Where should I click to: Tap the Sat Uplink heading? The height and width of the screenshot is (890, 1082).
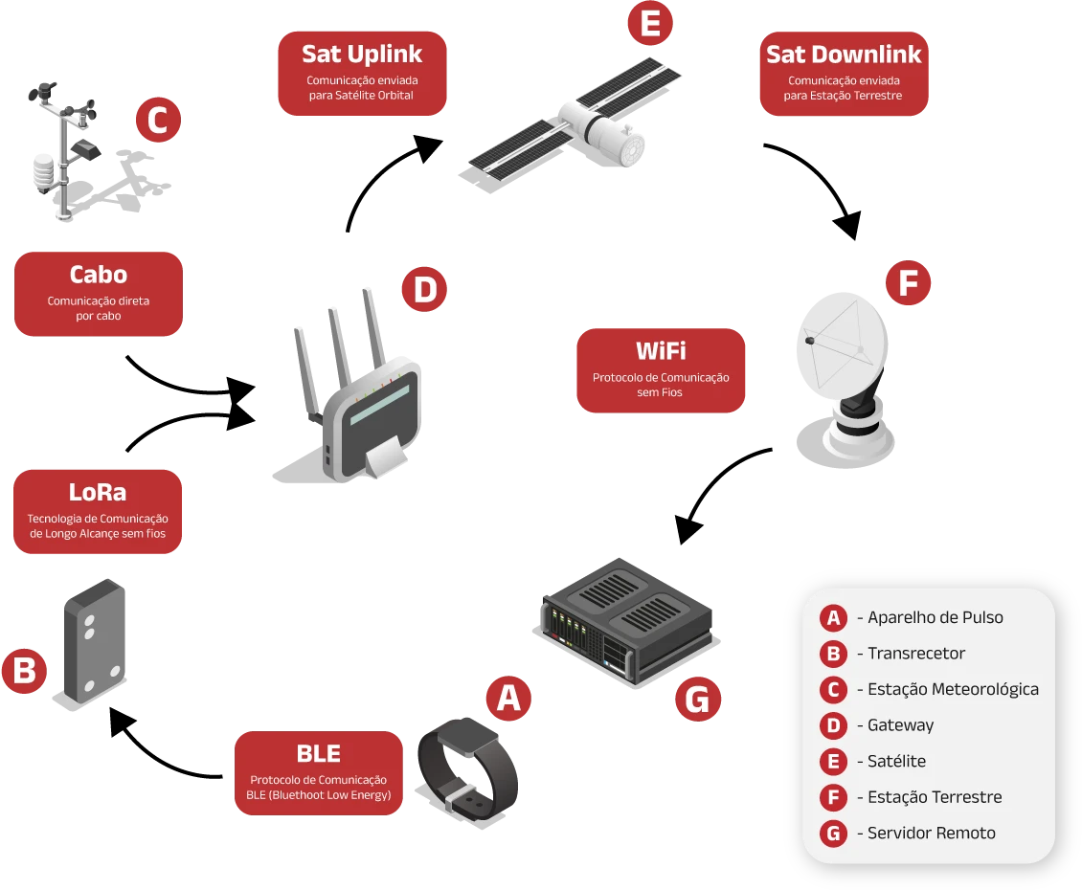pos(361,54)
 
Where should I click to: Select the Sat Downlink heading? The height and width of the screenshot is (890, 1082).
pos(843,55)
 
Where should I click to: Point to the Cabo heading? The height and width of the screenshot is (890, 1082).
pos(99,275)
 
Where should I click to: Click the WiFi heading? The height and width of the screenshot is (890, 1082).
pos(661,350)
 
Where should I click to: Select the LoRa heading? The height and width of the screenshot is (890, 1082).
pos(98,493)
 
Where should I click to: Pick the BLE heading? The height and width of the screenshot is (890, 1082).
pos(318,754)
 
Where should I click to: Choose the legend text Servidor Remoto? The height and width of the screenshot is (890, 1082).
pos(931,833)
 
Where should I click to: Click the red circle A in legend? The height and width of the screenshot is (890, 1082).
pos(834,617)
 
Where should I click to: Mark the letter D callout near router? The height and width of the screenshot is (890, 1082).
pos(424,291)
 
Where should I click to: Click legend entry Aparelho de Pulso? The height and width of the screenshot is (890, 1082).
pos(935,617)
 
